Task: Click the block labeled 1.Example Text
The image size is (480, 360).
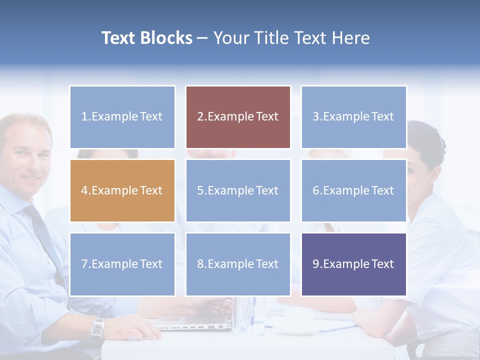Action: tap(122, 117)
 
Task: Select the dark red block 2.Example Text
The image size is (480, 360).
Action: tap(238, 117)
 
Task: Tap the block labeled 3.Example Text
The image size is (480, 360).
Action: tap(353, 117)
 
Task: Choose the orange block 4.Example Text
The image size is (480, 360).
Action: tap(122, 190)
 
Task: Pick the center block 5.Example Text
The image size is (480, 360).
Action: tap(238, 190)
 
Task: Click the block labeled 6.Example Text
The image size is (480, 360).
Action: tap(353, 190)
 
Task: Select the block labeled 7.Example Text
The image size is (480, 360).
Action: tap(122, 264)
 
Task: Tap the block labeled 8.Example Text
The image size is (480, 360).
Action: tap(238, 264)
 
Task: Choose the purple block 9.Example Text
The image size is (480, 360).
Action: tap(353, 264)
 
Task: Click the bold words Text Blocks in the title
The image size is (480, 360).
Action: tap(146, 38)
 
